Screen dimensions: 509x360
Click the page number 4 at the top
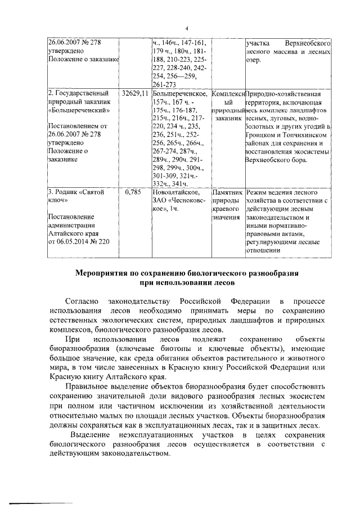(x=186, y=29)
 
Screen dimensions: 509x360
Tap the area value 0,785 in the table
(x=132, y=192)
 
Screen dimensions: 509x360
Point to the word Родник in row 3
(x=72, y=192)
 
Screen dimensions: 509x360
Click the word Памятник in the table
(x=228, y=192)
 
